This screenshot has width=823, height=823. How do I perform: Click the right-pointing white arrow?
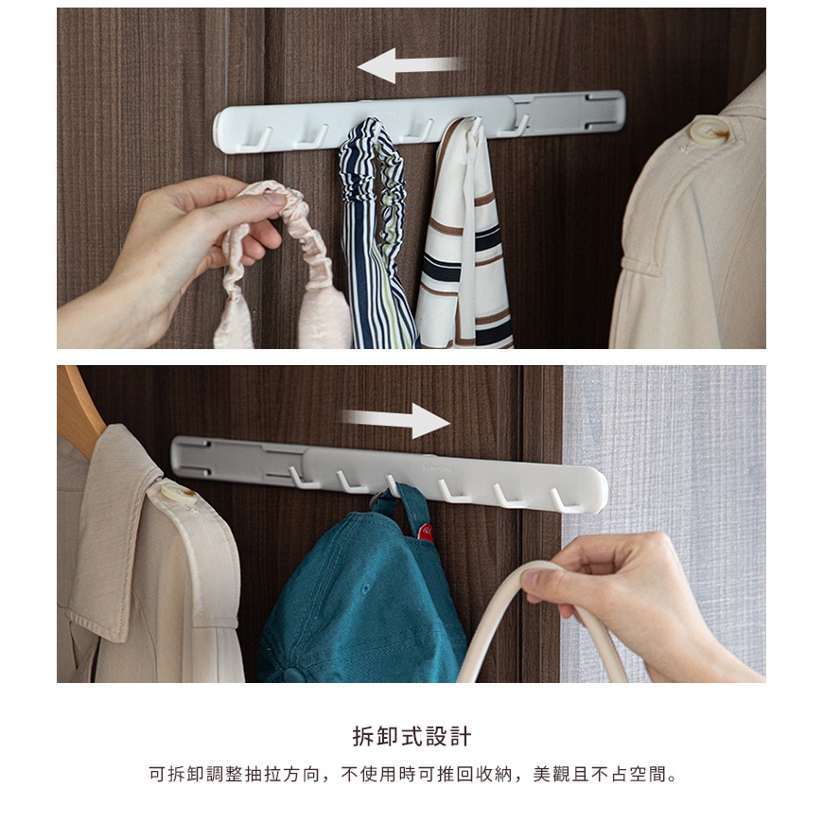(396, 420)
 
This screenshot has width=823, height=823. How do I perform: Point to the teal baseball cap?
(362, 593)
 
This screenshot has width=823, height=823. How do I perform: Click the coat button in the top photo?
(709, 131)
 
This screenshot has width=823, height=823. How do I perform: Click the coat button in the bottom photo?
(179, 494)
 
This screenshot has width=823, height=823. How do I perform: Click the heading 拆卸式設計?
(411, 736)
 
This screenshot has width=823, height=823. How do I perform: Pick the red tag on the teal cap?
(426, 534)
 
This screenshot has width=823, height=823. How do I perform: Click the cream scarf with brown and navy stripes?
(463, 236)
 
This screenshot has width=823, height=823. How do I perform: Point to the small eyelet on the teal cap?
(364, 587)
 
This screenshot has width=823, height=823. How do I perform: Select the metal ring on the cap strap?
(377, 499)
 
